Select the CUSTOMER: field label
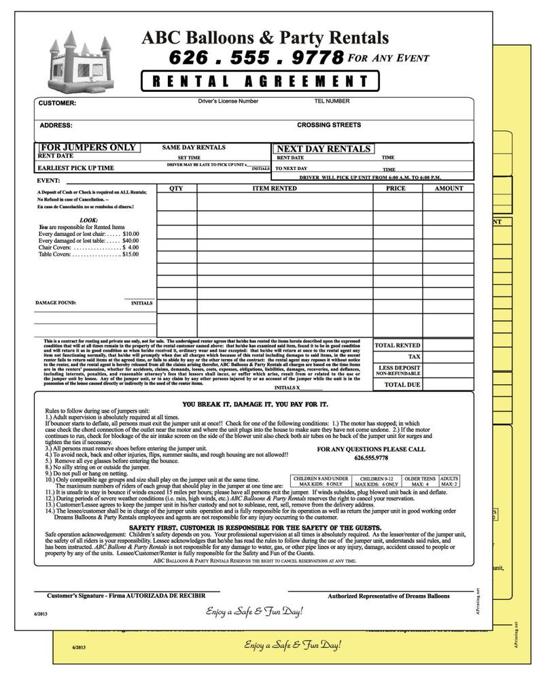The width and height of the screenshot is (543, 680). [57, 104]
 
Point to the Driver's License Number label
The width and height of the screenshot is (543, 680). [228, 101]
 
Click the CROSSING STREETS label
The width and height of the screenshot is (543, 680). [329, 125]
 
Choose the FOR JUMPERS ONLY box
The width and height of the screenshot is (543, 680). [88, 148]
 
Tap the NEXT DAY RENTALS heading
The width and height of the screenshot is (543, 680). [323, 149]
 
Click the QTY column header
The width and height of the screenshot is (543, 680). [176, 188]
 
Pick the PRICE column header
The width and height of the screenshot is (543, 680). [396, 188]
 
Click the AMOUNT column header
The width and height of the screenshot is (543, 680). [449, 188]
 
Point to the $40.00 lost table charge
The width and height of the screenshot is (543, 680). [130, 241]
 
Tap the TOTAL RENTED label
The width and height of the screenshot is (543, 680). [398, 345]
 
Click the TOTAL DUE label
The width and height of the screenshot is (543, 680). [402, 384]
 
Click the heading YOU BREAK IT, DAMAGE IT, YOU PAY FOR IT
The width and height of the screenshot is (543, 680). [256, 404]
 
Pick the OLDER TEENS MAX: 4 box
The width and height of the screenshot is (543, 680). [419, 481]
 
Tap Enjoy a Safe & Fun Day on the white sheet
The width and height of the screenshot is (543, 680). [255, 611]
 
